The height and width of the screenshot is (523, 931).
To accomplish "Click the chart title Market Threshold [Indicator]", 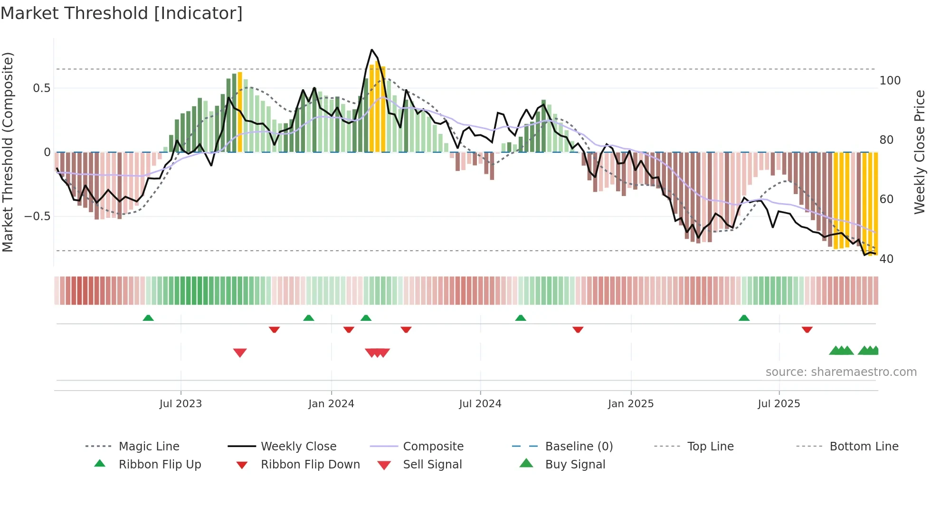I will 122,13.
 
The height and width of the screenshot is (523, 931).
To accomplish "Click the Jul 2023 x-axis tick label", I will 180,404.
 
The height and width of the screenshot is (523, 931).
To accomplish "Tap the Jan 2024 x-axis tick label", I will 331,404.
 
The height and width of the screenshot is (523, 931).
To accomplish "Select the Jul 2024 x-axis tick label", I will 480,404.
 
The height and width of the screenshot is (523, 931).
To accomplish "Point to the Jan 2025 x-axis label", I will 631,404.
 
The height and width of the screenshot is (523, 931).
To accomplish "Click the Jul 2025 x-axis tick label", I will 779,404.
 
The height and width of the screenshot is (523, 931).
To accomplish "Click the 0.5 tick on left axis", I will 42,88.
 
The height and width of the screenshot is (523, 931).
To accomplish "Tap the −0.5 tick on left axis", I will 38,216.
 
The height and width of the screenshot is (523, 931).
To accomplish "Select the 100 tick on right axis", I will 890,81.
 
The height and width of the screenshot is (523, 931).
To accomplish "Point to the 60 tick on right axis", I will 886,199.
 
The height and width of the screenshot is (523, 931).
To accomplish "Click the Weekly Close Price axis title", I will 920,152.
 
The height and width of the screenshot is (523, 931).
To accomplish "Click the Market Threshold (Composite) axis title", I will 8,152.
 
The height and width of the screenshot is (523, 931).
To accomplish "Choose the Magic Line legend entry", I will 149,447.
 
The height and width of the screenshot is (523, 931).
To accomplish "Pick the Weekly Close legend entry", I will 298,447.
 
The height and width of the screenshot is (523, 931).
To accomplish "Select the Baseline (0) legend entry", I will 579,447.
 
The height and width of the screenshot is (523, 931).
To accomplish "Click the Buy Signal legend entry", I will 575,465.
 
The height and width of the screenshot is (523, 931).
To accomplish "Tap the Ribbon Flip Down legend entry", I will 310,465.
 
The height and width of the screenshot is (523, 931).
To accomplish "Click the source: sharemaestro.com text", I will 841,372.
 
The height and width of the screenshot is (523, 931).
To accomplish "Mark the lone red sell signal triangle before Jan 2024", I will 240,352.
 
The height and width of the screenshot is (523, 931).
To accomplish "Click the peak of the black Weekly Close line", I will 372,50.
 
